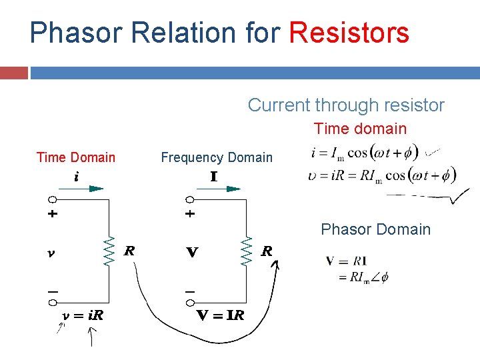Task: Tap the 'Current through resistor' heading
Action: click(346, 105)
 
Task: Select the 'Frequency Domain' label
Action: click(217, 158)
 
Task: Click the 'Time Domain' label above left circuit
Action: click(75, 158)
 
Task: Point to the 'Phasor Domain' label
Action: click(375, 229)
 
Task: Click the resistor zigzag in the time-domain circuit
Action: click(108, 251)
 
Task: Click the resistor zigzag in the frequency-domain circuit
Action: click(247, 251)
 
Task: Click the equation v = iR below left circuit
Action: click(83, 315)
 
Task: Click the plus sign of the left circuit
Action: click(53, 215)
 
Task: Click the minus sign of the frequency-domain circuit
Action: click(190, 291)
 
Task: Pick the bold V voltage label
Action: click(192, 253)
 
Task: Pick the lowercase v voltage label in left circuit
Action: click(52, 253)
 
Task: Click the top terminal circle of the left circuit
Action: click(52, 199)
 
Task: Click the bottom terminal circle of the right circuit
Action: click(190, 302)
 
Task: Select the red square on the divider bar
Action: click(14, 73)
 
